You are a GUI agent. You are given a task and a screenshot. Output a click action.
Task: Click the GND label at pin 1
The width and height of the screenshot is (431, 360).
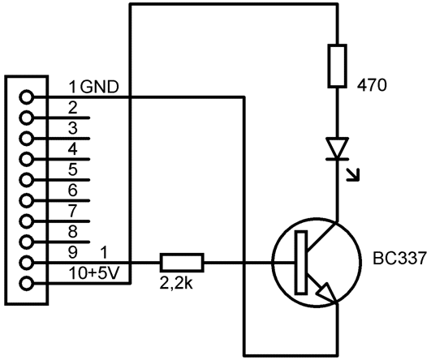(x=100, y=87)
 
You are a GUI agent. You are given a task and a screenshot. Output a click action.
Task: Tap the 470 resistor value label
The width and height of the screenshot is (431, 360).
(x=372, y=85)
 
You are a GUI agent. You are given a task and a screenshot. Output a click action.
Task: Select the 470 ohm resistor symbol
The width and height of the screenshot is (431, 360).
(x=337, y=66)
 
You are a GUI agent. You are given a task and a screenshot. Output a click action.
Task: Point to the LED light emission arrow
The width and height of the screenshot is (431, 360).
(x=353, y=174)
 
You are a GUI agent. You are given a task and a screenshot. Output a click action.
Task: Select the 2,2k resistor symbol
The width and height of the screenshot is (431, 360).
(x=182, y=263)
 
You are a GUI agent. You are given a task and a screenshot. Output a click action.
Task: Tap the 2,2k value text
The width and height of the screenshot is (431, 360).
(x=176, y=283)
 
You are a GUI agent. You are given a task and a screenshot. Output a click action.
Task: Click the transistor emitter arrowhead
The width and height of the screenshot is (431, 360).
(x=327, y=293)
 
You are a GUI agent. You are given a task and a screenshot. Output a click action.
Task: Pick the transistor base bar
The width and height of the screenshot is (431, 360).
(x=301, y=263)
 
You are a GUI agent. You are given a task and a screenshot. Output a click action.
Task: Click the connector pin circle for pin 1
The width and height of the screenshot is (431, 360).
(x=27, y=97)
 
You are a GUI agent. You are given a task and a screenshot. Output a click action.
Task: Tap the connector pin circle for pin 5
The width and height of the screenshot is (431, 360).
(x=27, y=180)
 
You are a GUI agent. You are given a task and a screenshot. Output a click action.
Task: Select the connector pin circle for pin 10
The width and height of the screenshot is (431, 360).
(x=27, y=284)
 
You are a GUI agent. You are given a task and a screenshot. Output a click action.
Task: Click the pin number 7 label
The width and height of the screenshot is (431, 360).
(x=72, y=211)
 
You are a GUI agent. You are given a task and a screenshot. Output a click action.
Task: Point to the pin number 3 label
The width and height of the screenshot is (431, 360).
(x=72, y=128)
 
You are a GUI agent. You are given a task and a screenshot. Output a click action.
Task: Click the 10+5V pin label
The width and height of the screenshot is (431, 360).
(x=94, y=273)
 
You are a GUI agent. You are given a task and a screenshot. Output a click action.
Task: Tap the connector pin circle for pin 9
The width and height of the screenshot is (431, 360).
(x=27, y=263)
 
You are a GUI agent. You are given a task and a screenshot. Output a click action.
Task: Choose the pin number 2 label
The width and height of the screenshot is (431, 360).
(x=72, y=108)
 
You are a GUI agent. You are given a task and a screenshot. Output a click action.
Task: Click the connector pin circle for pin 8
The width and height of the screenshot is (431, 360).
(x=27, y=242)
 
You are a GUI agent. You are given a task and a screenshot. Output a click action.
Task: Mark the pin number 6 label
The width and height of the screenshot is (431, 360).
(x=72, y=191)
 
